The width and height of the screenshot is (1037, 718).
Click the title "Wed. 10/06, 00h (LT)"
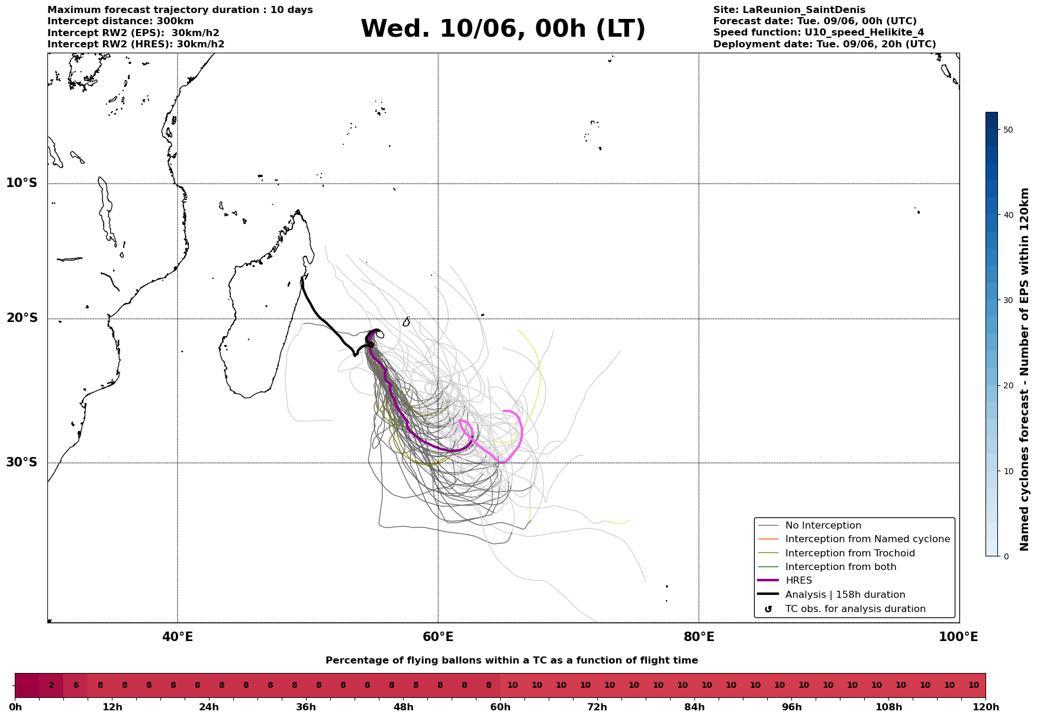click(x=503, y=29)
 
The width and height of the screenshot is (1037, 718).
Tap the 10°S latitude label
click(x=22, y=183)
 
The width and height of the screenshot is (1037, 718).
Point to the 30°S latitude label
click(x=22, y=462)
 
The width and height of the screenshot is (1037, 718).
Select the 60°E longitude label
click(x=438, y=637)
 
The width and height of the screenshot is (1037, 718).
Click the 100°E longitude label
click(x=958, y=637)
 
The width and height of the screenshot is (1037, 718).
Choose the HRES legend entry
click(x=798, y=581)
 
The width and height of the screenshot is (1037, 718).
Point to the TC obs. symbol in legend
click(x=768, y=609)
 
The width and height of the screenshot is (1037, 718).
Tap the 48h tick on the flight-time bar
click(x=403, y=707)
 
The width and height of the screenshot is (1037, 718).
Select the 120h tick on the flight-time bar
click(x=986, y=707)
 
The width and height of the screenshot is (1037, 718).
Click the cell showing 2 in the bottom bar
click(x=51, y=685)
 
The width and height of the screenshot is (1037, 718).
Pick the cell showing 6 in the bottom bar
click(x=76, y=685)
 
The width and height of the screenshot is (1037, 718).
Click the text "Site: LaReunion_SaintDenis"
click(x=789, y=10)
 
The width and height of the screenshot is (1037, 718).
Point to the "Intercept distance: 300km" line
click(x=121, y=21)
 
